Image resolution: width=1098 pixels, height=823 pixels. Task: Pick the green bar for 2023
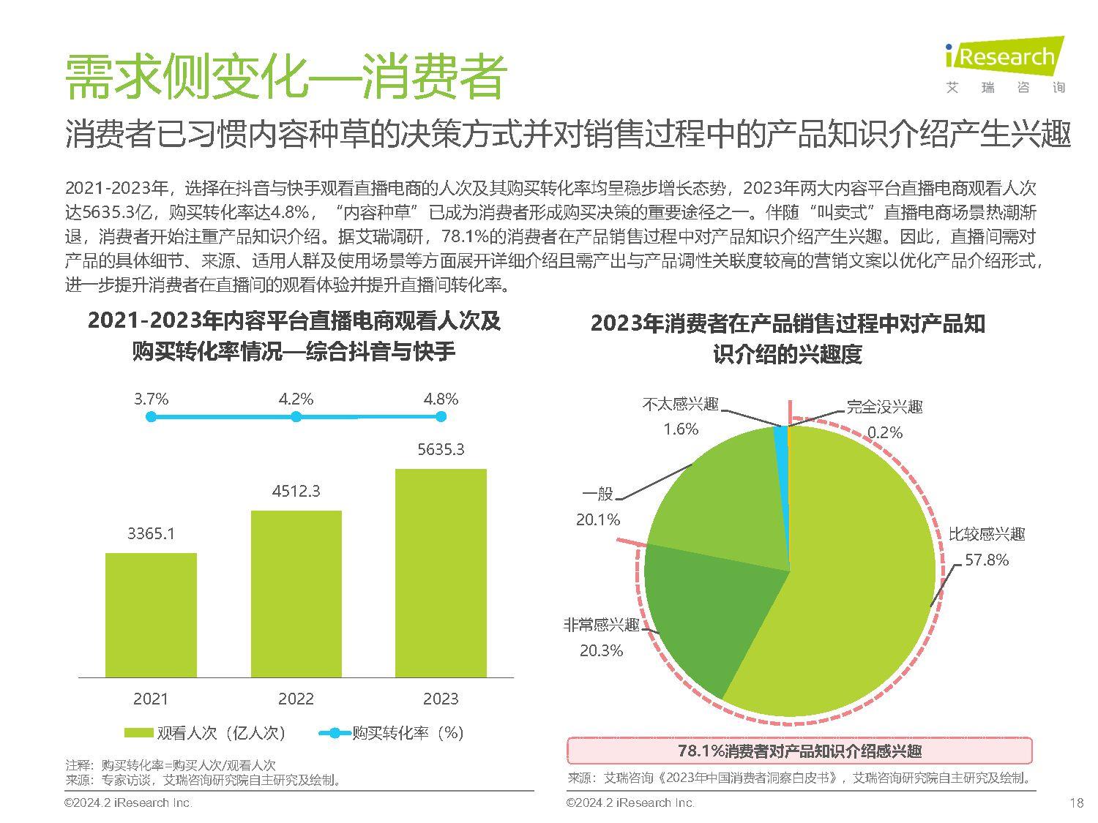tap(441, 572)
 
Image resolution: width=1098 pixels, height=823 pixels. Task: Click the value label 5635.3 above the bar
tap(441, 449)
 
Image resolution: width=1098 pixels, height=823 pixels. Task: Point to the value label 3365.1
tap(151, 533)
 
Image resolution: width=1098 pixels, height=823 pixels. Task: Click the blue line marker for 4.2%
tap(296, 416)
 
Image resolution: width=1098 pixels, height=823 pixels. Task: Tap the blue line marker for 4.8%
tap(441, 416)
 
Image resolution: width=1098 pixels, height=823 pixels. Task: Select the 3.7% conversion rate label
tap(151, 399)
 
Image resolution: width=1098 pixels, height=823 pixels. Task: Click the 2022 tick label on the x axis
tap(296, 699)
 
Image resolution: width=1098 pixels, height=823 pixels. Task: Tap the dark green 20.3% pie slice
tap(695, 615)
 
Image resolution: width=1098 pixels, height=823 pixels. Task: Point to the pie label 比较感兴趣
tap(986, 534)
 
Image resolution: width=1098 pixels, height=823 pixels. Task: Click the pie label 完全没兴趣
tap(884, 407)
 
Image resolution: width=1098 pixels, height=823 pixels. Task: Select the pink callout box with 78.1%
tap(799, 751)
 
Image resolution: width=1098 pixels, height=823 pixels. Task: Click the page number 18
tap(1075, 803)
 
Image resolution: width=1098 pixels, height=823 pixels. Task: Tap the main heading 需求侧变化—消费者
tap(285, 75)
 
